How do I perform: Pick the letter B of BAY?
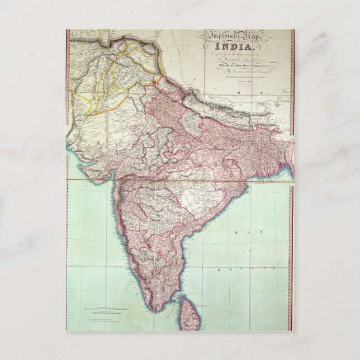coord(236,232)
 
